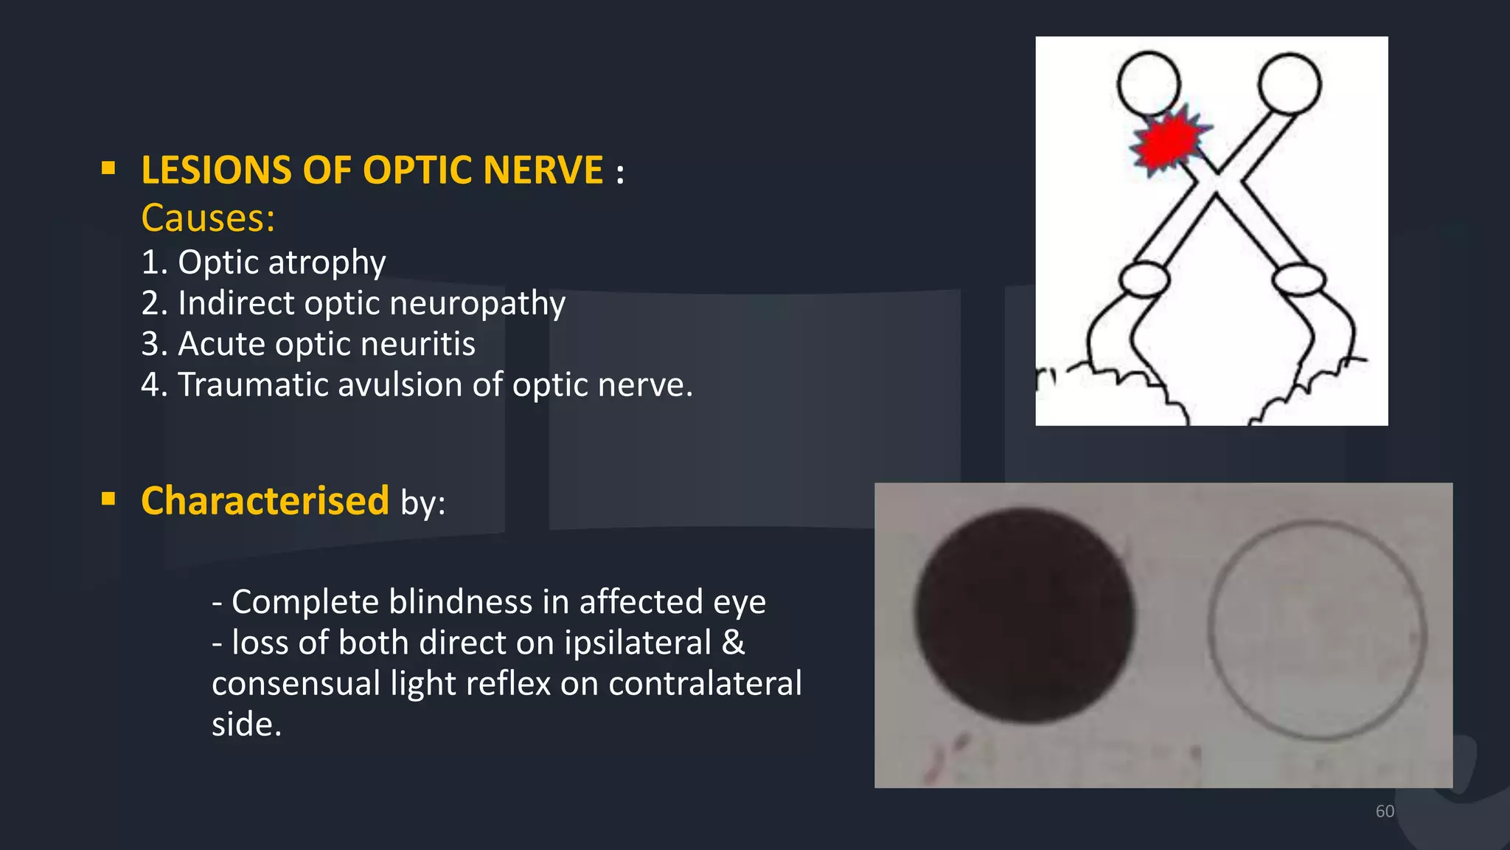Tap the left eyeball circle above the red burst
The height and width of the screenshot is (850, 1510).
1148,83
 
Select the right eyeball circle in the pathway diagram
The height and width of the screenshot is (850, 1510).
1290,83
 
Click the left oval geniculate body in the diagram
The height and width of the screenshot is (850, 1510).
1144,280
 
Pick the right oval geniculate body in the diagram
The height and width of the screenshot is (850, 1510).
1299,280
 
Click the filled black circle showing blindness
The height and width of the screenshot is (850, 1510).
1024,615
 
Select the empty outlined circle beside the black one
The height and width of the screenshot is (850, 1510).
1317,629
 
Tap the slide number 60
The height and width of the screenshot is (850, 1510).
1385,811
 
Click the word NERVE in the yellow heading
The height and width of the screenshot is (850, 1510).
543,170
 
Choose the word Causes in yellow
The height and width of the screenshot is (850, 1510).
207,218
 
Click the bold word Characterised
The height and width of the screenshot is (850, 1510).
265,501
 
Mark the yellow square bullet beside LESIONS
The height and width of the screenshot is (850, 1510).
108,168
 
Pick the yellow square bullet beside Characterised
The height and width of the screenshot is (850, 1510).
108,499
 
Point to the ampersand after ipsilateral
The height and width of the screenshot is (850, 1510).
733,642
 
